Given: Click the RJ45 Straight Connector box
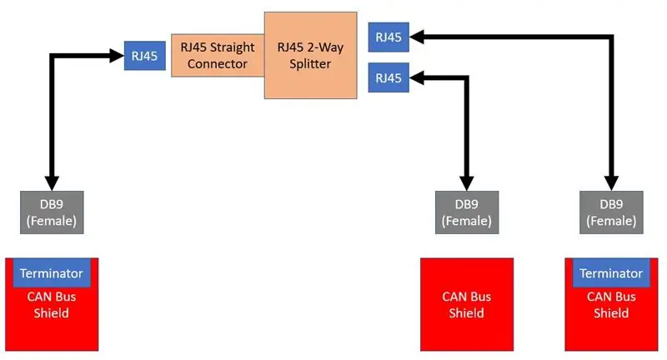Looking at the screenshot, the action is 218,55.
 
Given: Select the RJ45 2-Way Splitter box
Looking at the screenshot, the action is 310,55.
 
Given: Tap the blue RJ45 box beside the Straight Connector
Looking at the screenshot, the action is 144,56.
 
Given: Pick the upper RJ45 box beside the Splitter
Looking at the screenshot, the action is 389,37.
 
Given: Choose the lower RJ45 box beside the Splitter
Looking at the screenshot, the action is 389,77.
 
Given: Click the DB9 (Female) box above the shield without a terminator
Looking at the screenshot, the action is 467,212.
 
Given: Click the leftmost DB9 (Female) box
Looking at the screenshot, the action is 52,212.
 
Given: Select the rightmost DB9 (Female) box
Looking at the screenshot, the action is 611,212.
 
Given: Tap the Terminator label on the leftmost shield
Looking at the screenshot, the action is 52,272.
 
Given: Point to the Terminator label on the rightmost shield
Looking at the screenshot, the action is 611,272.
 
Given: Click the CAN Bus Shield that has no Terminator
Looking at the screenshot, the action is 467,304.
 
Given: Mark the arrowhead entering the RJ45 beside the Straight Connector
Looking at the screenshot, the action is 117,56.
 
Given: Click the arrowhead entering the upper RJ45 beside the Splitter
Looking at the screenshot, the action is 416,37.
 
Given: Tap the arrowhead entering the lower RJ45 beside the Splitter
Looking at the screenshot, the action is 416,77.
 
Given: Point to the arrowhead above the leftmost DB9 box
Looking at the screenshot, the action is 52,183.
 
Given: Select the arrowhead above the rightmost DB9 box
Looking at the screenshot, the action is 611,183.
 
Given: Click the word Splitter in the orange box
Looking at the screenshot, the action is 310,64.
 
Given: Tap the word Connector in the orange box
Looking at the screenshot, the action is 218,64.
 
